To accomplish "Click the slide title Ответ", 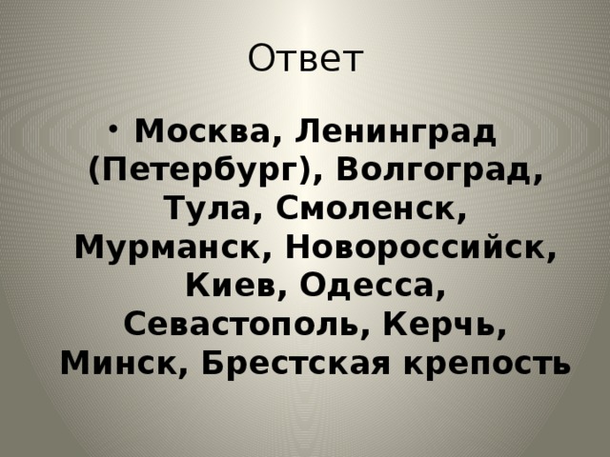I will [305, 59].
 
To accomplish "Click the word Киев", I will [235, 285].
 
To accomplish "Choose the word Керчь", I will [436, 323].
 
